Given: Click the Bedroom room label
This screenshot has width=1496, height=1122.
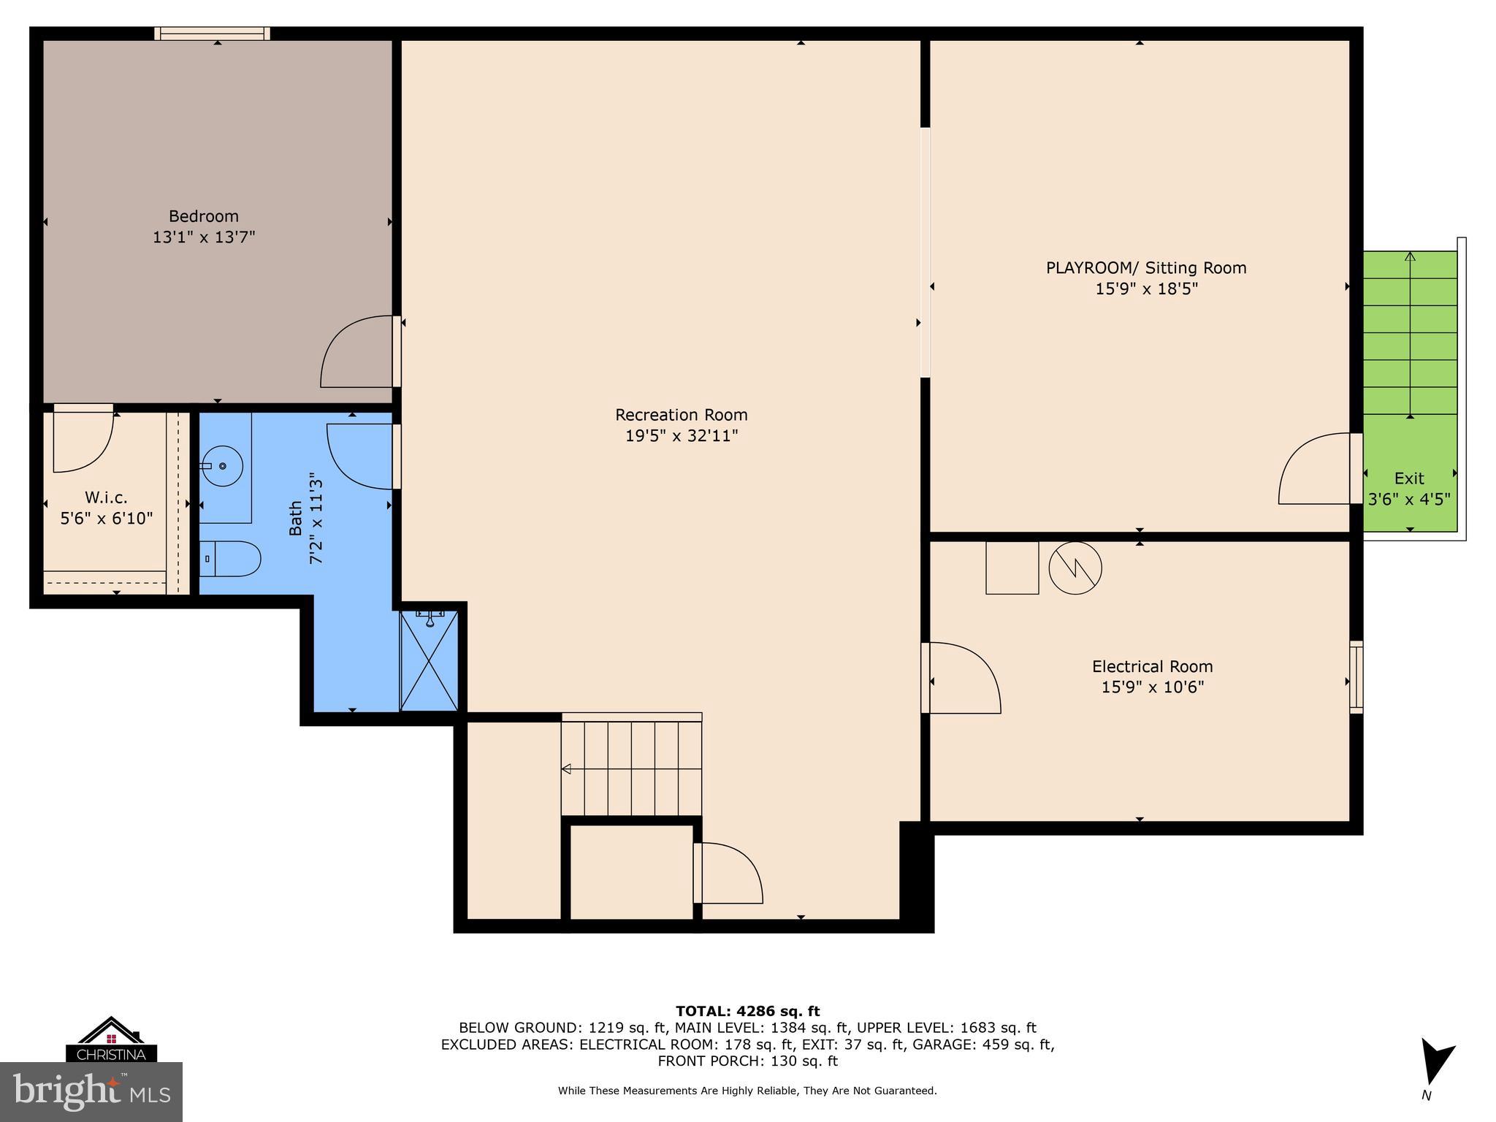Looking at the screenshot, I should click(x=203, y=216).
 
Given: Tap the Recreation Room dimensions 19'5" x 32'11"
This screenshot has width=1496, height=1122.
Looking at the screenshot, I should click(x=681, y=436).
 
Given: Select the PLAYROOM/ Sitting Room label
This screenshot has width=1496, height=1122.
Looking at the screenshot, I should click(x=1145, y=268).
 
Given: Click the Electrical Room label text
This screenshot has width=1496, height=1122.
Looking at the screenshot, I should click(x=1152, y=666).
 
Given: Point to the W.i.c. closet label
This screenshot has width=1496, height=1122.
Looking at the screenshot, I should click(x=106, y=497).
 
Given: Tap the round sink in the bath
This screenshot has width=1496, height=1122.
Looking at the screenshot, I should click(x=223, y=465).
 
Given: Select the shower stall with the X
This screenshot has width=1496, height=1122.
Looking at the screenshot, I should click(x=430, y=662).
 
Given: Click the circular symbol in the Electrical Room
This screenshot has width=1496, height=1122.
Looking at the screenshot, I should click(x=1075, y=568).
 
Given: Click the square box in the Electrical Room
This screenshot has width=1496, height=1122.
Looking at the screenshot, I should click(x=1012, y=568).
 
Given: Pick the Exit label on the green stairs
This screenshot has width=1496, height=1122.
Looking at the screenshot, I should click(x=1409, y=478).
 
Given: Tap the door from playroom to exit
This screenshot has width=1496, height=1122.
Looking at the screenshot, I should click(x=1315, y=469).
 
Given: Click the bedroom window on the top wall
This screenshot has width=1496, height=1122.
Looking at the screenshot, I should click(x=212, y=34).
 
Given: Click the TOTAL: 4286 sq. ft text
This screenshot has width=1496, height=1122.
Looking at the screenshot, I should click(x=747, y=1011).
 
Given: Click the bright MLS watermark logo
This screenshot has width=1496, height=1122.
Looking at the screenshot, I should click(x=91, y=1092).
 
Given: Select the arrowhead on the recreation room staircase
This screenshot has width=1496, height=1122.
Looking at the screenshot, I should click(x=566, y=768).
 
